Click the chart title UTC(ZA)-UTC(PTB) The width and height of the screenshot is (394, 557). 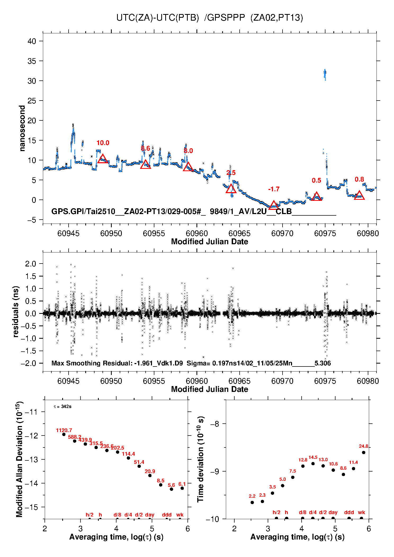coord(157,18)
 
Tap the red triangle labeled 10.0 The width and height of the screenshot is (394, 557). coord(102,159)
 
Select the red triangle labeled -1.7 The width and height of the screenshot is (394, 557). coord(274,205)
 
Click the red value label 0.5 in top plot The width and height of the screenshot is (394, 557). coord(316,180)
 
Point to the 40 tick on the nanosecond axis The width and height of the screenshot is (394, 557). coord(32,41)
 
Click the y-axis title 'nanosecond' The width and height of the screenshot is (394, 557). coord(22,128)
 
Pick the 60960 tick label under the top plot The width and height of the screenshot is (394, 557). coord(197,233)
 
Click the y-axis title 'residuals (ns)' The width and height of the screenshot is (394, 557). coord(16,312)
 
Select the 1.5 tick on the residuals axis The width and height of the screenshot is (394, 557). coord(30,276)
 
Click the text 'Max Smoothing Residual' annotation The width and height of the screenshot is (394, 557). coord(92,363)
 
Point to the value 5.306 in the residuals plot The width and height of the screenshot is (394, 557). coord(323,363)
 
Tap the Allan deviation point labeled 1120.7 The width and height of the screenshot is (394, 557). coord(64,434)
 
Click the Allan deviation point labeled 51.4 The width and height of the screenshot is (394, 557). coord(139,466)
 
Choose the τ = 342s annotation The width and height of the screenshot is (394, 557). coord(62,406)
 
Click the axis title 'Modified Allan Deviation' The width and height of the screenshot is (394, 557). coord(20,459)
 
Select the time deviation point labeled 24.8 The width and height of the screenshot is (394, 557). coord(364,452)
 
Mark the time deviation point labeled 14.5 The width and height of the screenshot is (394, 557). coord(313,464)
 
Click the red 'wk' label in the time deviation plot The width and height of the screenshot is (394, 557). coord(361,513)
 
